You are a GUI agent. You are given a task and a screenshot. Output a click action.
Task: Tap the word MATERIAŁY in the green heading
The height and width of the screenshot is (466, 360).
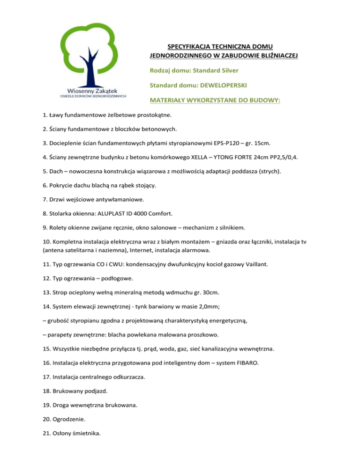168,100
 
